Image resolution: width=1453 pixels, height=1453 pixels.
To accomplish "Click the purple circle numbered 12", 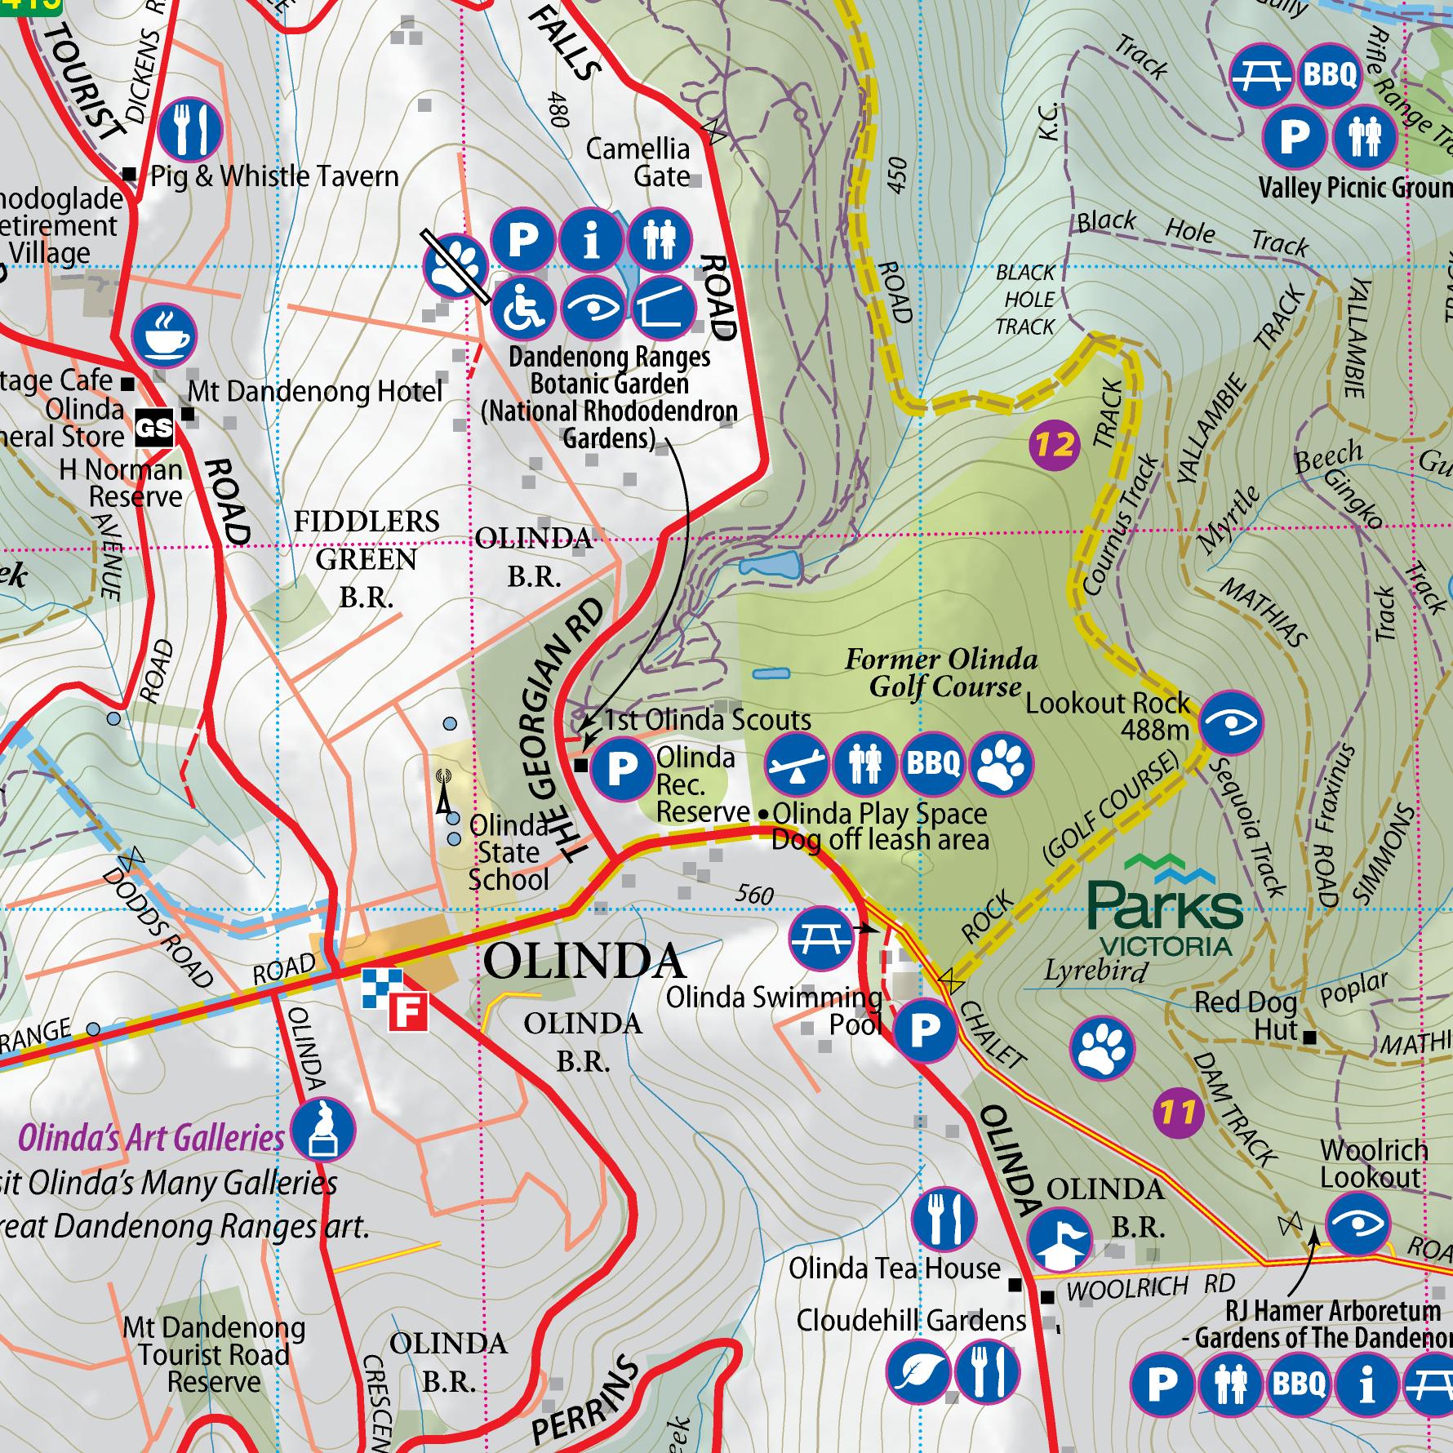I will click(1055, 446).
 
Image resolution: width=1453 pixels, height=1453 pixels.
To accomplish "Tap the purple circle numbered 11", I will click(1178, 1112).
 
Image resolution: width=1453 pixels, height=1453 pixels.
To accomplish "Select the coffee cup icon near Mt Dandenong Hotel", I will click(165, 336).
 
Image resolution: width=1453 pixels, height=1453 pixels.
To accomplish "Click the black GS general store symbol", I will click(155, 426).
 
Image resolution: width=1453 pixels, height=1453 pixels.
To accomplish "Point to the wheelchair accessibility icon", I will click(523, 309).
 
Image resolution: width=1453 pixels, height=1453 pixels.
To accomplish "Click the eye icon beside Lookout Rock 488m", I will click(1232, 722).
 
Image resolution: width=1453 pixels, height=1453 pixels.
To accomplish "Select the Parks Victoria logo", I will click(1165, 905).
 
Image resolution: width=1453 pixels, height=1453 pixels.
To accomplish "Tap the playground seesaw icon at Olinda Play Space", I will click(796, 764).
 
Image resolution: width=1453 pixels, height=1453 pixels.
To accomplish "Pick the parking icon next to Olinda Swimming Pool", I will click(925, 1032).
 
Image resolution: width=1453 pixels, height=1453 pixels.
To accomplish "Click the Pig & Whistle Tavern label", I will click(274, 176).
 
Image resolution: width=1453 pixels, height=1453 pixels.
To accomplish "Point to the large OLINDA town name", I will click(584, 962).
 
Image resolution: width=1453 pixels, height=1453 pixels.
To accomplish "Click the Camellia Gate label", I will click(638, 162).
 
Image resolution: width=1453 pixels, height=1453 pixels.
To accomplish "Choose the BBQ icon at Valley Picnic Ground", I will click(1329, 76).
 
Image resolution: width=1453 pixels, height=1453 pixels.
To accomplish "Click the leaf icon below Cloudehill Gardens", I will click(918, 1372).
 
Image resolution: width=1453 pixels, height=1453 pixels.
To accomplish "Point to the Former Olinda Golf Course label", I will click(941, 673).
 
